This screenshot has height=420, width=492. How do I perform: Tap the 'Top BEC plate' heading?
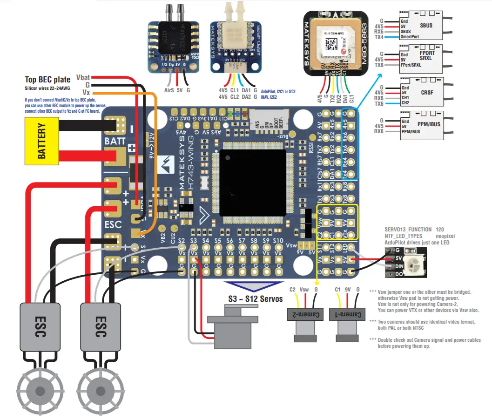47,80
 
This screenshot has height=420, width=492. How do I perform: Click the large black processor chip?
253,182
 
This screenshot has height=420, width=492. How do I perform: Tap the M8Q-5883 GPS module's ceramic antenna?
333,40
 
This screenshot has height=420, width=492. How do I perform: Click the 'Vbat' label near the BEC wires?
83,77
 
